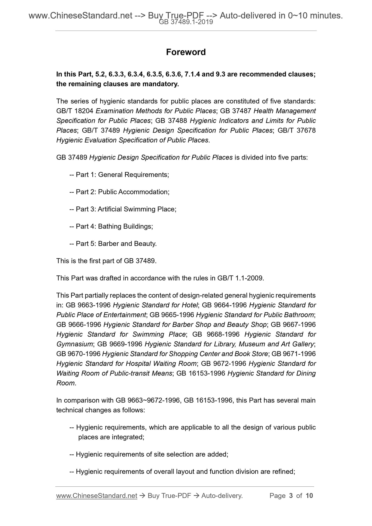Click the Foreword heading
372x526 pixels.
[x=186, y=52]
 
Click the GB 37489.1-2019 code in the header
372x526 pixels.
[x=186, y=22]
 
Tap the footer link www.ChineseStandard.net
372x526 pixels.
[x=97, y=496]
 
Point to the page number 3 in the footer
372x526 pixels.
[x=291, y=496]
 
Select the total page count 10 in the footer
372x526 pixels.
[x=309, y=496]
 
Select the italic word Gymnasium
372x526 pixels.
[x=74, y=344]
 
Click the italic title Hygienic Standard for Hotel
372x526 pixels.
[x=155, y=305]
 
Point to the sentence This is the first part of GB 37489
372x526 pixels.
[x=106, y=261]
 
